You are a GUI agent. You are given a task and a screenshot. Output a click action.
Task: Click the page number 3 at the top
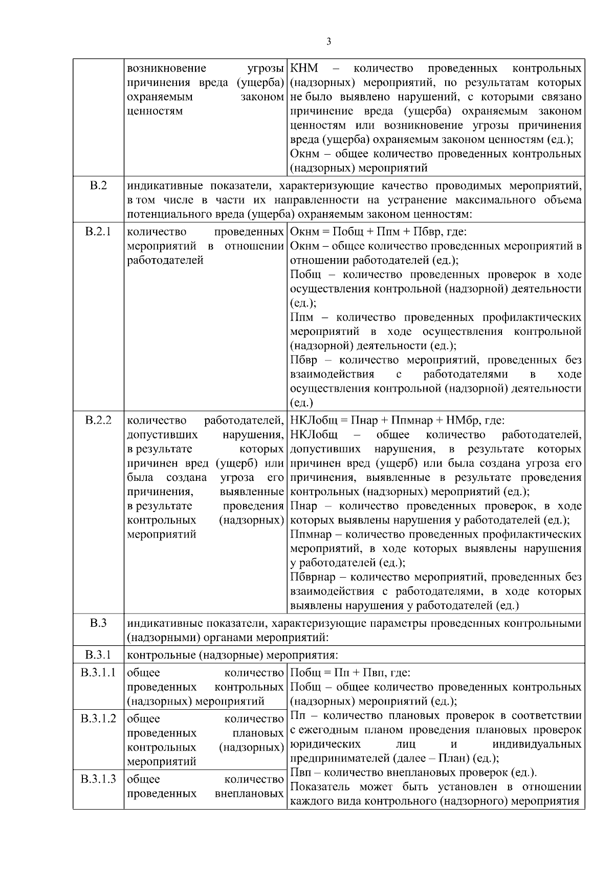(328, 41)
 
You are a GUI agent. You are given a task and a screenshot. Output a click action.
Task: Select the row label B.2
(98, 185)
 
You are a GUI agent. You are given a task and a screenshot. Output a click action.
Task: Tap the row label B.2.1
(98, 231)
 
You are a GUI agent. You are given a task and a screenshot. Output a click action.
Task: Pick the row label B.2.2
(98, 420)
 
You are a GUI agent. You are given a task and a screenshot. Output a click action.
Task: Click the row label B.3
(98, 623)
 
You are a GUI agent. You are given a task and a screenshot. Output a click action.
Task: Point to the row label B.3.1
(98, 655)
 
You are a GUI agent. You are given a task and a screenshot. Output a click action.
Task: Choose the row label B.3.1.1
(98, 672)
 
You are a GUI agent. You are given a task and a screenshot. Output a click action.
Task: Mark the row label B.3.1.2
(98, 718)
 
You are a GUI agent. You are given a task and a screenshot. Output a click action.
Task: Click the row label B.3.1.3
(98, 779)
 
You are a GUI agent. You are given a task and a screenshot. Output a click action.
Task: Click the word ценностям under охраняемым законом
(155, 111)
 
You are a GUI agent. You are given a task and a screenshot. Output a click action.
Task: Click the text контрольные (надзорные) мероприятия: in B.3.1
(232, 655)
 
